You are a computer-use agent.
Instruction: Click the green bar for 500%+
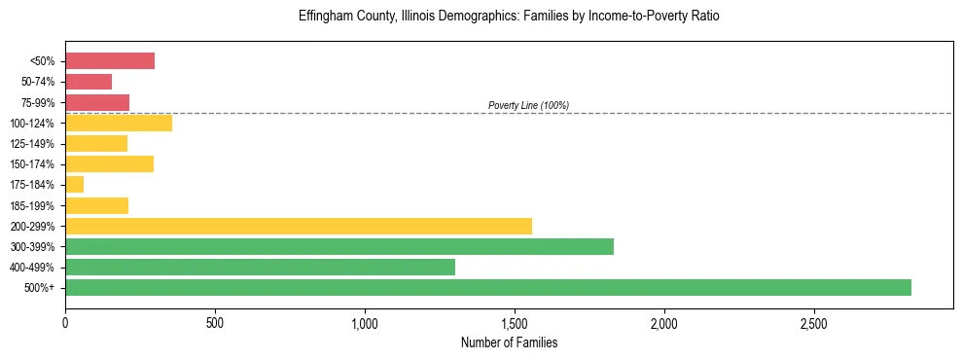coord(487,287)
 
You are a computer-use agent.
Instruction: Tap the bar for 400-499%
coord(260,267)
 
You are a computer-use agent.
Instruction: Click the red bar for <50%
coord(110,61)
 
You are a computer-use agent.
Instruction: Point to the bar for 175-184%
coord(74,185)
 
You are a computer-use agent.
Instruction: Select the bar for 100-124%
coord(119,123)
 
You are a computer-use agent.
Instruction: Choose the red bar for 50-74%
coord(89,82)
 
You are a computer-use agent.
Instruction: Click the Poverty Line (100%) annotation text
coord(528,105)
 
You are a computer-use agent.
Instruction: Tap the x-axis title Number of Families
coord(509,342)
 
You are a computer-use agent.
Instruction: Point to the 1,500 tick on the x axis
coord(515,323)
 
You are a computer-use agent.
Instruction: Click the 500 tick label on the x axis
coord(215,323)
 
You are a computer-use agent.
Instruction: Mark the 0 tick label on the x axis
coord(65,323)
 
